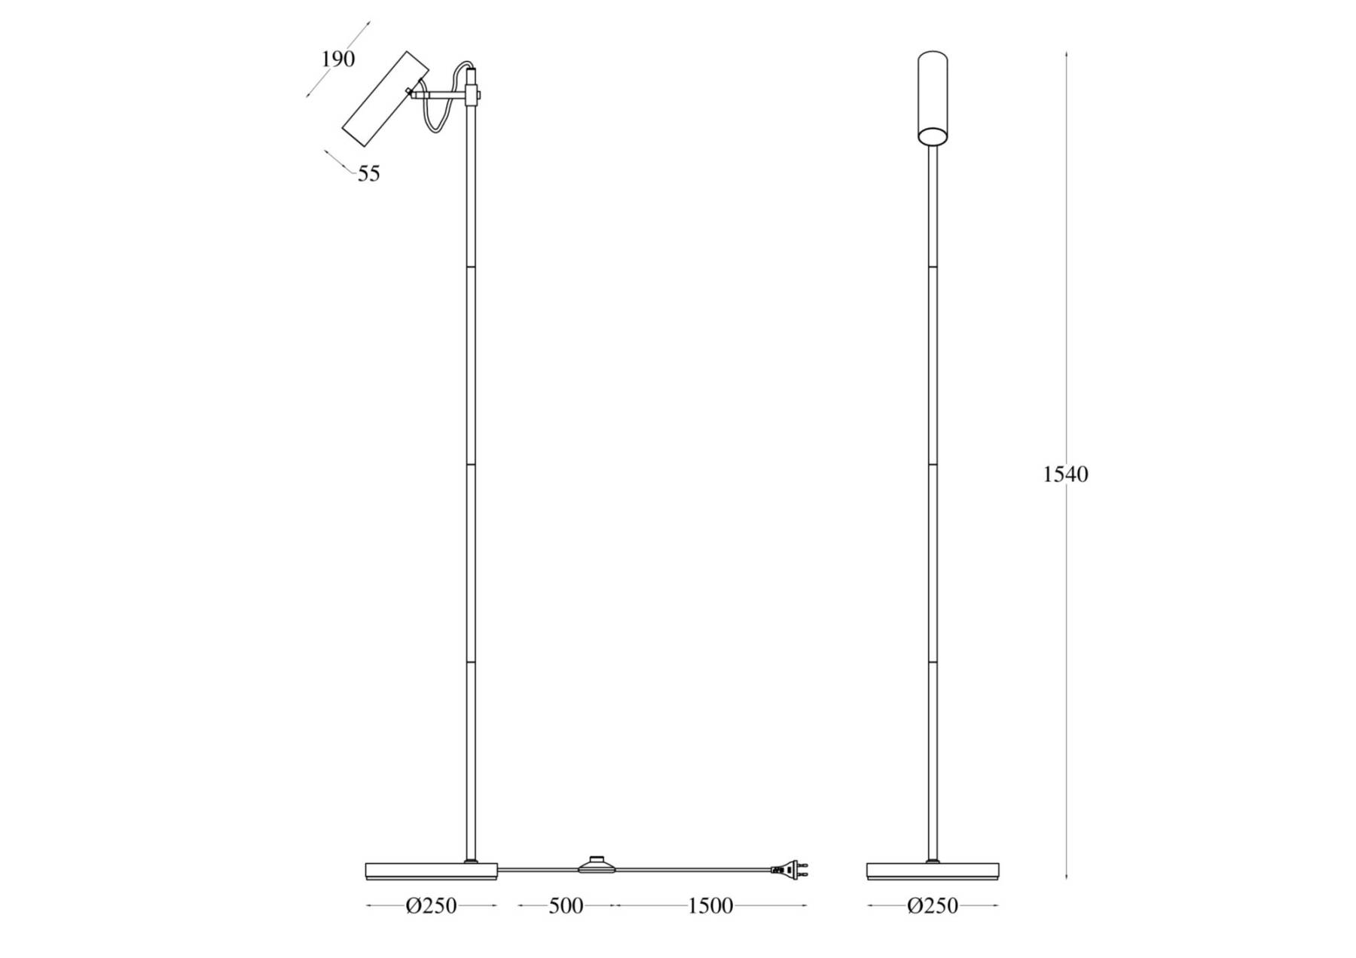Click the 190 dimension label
tap(338, 59)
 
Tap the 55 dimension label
tap(368, 174)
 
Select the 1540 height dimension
tap(1065, 474)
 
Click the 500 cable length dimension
tap(566, 906)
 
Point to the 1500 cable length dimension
tap(710, 906)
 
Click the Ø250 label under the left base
tap(432, 906)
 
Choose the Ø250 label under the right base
tap(933, 906)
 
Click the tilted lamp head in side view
tap(385, 99)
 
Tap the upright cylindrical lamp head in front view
tap(933, 97)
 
